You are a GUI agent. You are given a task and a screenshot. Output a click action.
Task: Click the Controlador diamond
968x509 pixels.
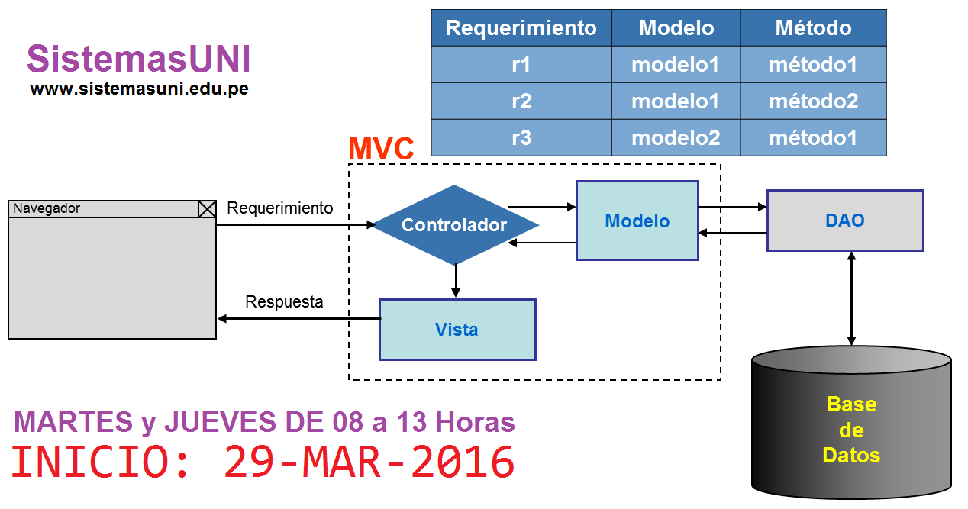coord(455,225)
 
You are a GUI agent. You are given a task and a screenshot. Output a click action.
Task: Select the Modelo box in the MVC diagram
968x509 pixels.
coord(637,221)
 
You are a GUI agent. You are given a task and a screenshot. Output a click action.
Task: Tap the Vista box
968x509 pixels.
coord(457,330)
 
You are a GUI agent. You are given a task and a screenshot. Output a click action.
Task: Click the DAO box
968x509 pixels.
coord(845,221)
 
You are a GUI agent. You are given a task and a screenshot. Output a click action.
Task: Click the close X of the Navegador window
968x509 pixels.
coord(207,208)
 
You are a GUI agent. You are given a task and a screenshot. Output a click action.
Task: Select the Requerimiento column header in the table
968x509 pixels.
coord(521,28)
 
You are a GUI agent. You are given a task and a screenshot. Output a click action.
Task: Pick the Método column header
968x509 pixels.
coord(813,28)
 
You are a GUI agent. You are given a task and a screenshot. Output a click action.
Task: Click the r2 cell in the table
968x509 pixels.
coord(521,101)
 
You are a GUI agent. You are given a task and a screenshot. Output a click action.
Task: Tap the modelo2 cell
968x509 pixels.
coord(676,138)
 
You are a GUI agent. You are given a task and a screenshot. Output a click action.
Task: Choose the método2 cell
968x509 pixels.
coord(813,101)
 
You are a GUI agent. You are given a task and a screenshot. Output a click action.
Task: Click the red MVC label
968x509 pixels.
coord(381,149)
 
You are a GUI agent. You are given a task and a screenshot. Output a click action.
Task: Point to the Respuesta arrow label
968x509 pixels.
coord(284,302)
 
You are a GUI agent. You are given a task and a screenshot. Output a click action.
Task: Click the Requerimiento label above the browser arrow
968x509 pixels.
coord(280,208)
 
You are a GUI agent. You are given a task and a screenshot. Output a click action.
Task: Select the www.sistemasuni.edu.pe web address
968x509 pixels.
coord(139,89)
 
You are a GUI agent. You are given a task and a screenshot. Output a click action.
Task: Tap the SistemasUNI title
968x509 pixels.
coord(138,59)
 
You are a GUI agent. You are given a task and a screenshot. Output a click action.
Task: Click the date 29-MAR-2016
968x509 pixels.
coord(369,462)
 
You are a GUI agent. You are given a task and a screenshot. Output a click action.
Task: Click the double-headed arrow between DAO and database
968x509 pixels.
coord(851,299)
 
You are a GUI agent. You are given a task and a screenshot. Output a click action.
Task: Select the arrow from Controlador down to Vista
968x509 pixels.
coord(456,281)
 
